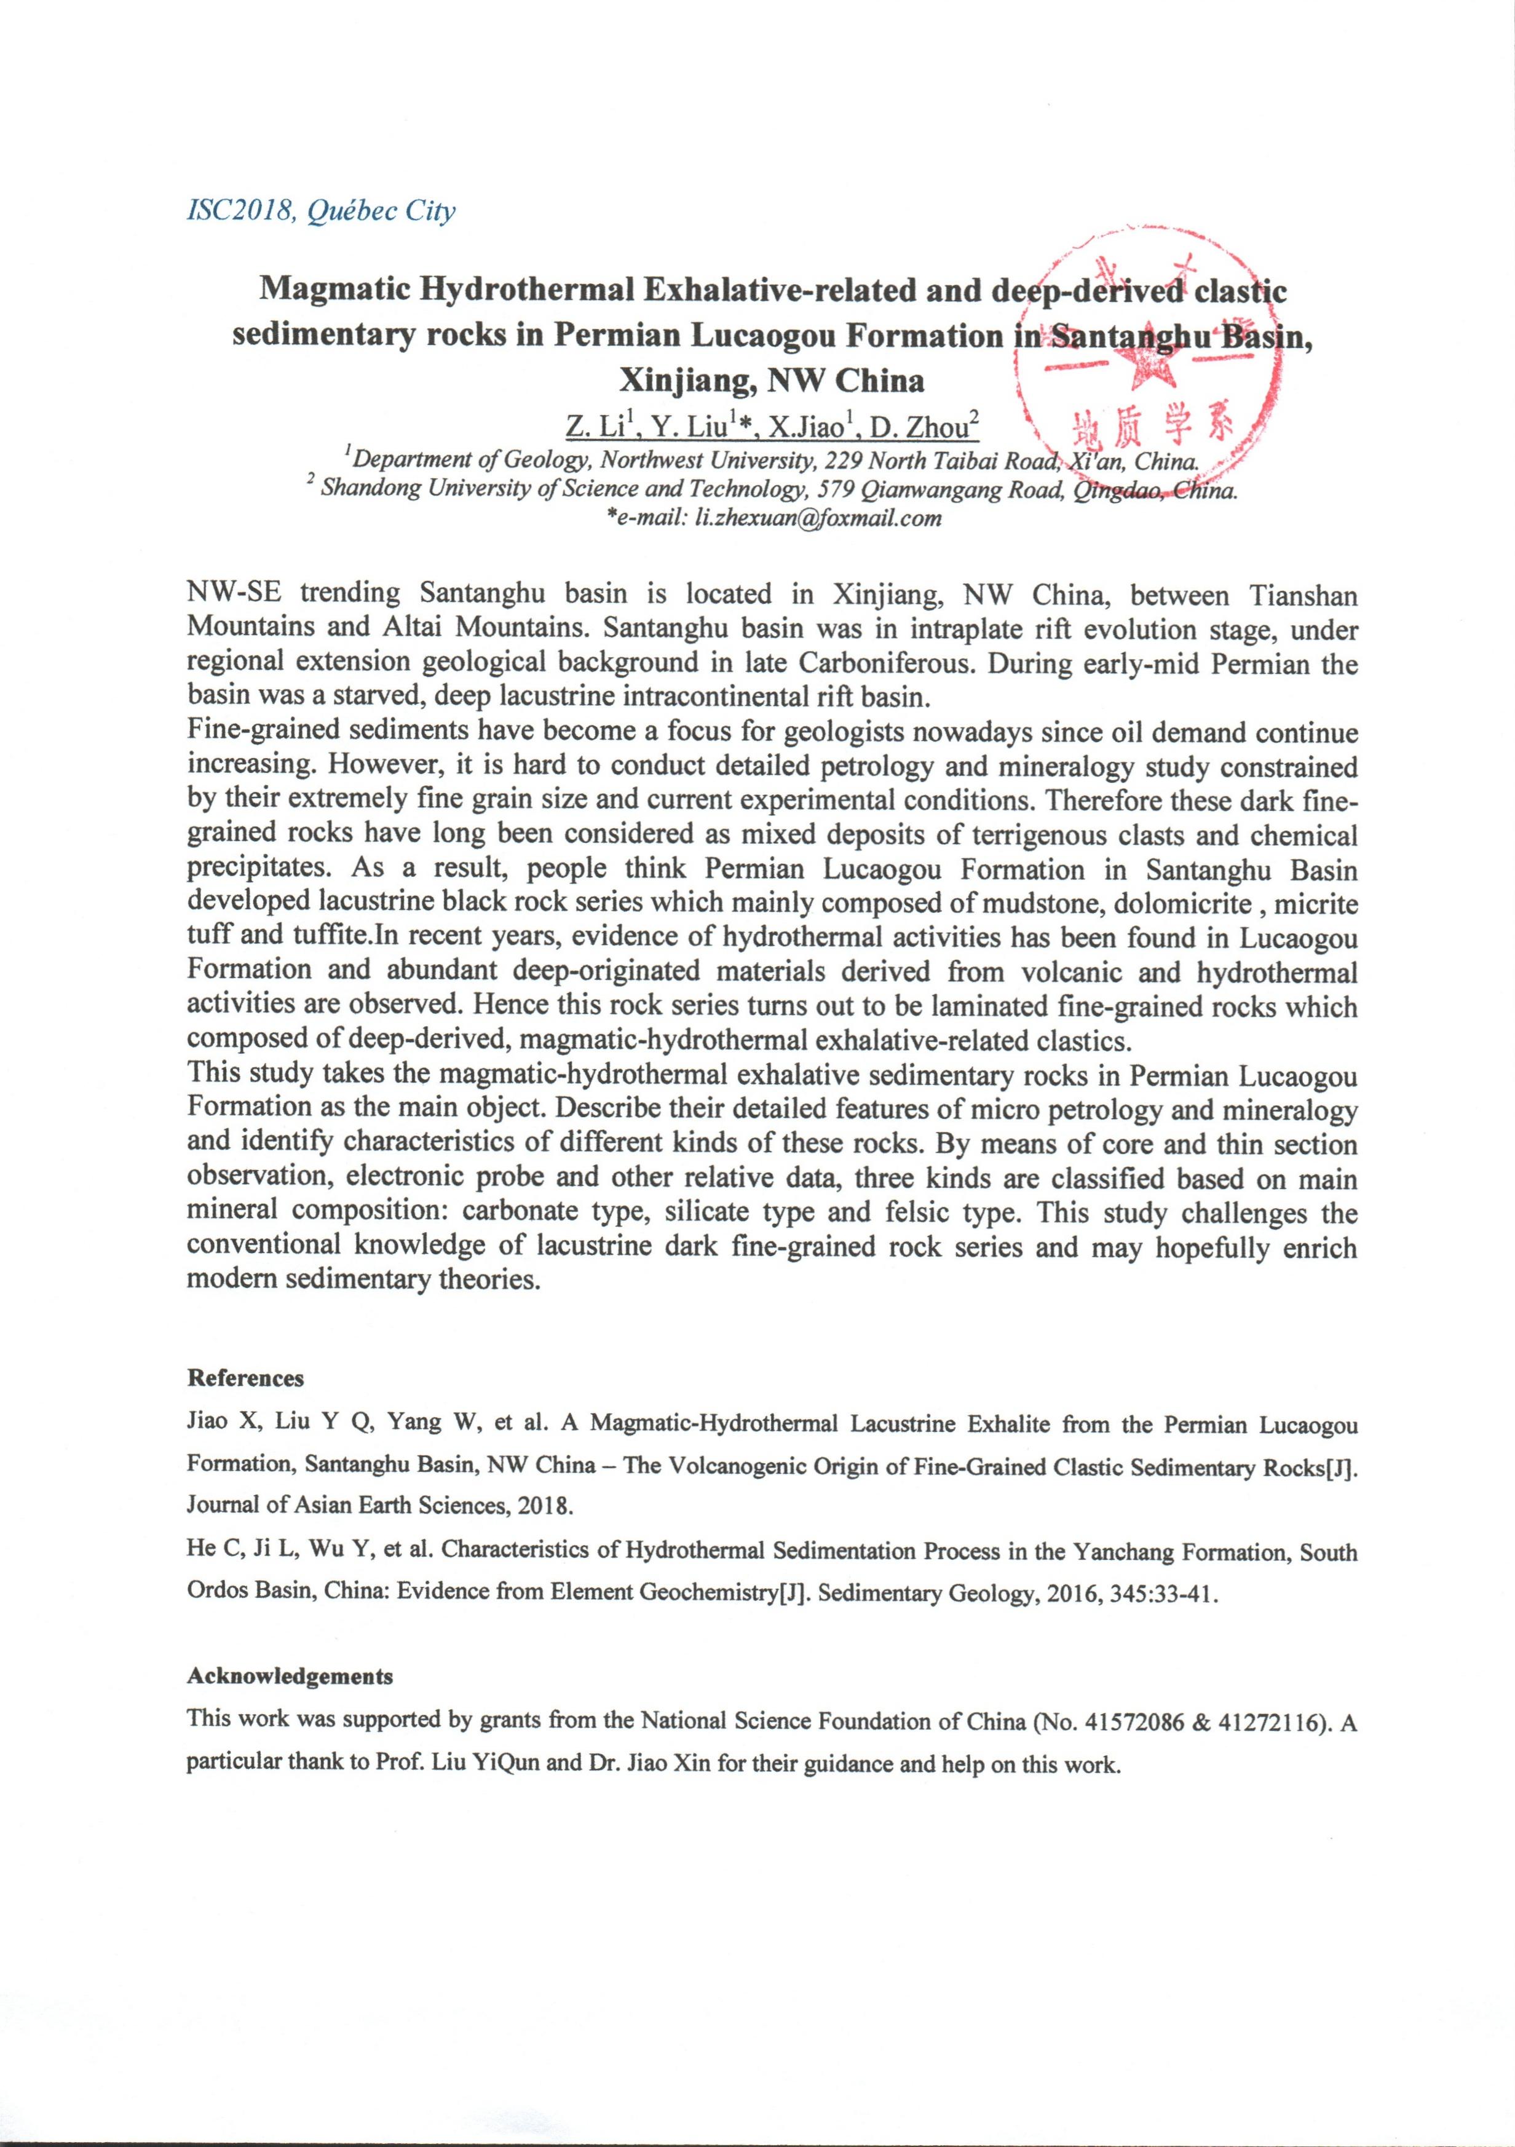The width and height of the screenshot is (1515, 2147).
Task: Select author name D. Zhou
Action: click(x=923, y=427)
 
